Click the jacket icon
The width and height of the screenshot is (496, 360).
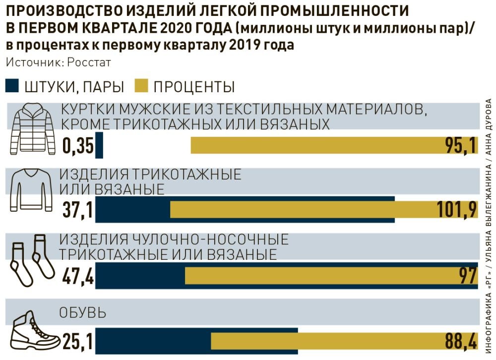click(x=32, y=130)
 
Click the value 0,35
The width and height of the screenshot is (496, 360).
click(x=78, y=146)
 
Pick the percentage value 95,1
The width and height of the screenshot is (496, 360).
click(x=461, y=145)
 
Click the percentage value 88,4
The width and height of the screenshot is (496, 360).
click(x=459, y=342)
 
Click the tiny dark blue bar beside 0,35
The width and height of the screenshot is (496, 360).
click(x=99, y=145)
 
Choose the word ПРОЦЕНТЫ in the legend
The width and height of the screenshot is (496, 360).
click(x=194, y=87)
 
